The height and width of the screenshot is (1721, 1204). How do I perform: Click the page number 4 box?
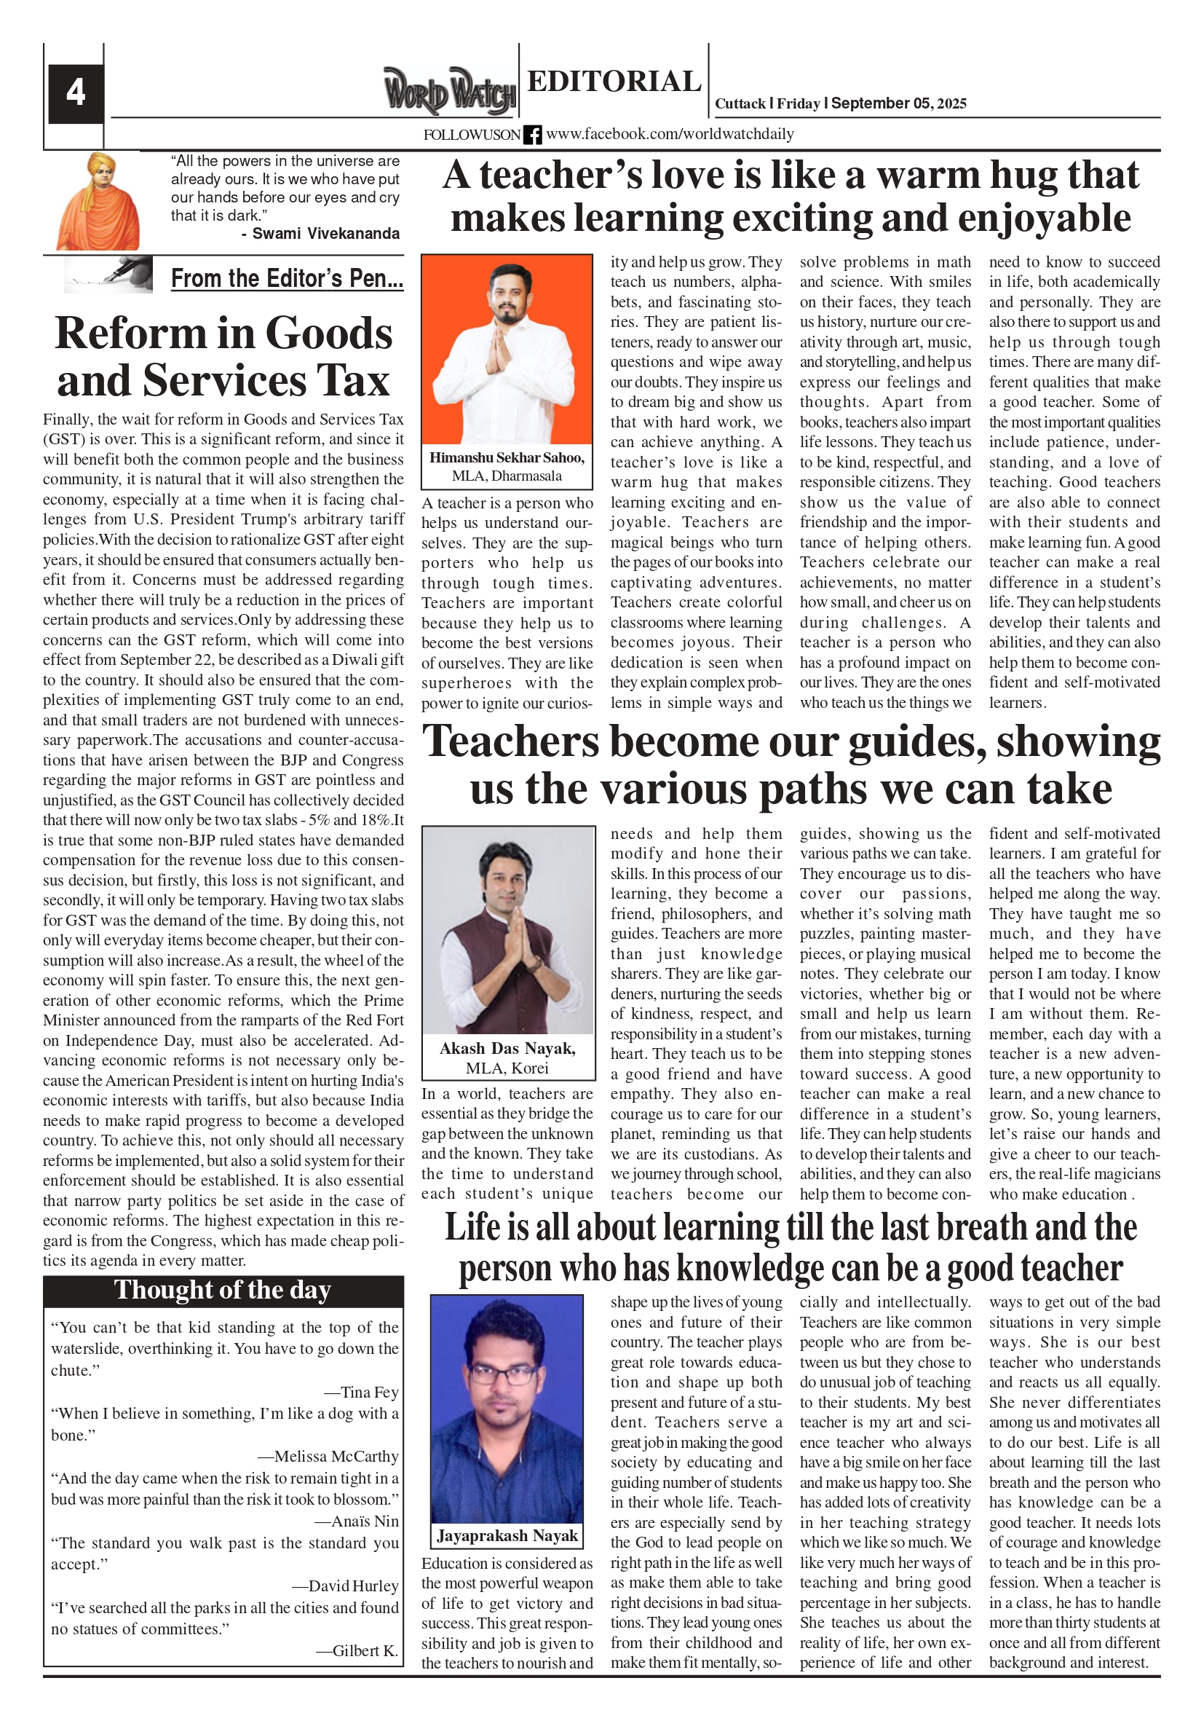pos(75,93)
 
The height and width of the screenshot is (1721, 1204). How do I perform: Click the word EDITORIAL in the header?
pos(614,81)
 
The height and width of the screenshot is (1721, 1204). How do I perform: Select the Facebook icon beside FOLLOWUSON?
pos(532,135)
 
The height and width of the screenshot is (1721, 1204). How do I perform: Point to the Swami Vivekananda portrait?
pos(98,201)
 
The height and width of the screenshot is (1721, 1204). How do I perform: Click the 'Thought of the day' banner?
pos(223,1290)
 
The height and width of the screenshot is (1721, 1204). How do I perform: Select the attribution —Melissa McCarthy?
pos(329,1456)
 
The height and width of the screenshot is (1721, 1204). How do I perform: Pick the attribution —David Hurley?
pos(344,1586)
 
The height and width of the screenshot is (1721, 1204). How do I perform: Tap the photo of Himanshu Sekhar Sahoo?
pos(507,350)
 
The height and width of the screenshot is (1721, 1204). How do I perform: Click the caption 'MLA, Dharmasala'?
pos(507,476)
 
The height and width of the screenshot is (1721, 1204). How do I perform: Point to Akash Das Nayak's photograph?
pos(508,929)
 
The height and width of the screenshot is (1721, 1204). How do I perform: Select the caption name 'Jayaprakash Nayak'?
pos(507,1535)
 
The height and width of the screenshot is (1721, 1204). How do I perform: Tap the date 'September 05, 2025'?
pos(898,103)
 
